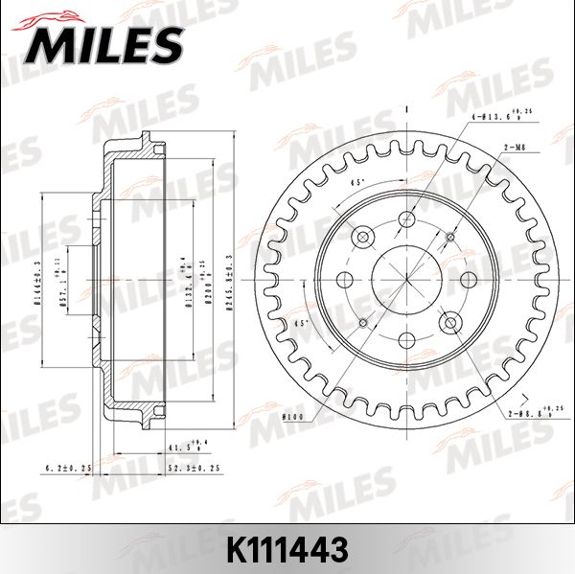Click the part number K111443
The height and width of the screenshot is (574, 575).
click(x=287, y=549)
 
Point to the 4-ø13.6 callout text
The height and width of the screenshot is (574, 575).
click(x=498, y=117)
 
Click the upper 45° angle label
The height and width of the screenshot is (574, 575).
click(x=356, y=183)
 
